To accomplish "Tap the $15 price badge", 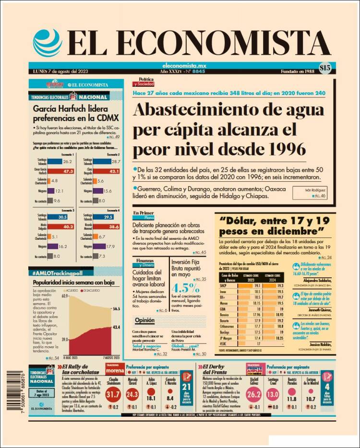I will click(x=324, y=68).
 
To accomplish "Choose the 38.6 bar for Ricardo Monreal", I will click(x=108, y=227).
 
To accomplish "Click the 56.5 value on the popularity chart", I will click(x=116, y=309).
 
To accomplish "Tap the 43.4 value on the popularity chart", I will click(x=116, y=327).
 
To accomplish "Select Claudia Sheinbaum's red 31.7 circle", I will click(x=113, y=395).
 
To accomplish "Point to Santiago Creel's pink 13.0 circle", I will click(x=273, y=394).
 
